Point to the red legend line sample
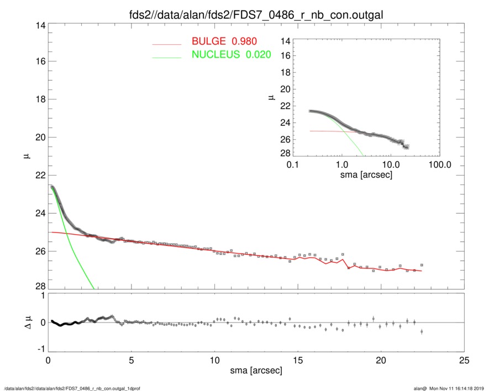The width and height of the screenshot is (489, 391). point(167,44)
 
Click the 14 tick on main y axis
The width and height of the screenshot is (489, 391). point(38,25)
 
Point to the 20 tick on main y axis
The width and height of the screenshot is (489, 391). point(38,138)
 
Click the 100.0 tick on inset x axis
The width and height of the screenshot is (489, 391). point(439,165)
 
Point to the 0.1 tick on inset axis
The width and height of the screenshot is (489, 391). point(293,165)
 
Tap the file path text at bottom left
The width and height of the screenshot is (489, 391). point(73,388)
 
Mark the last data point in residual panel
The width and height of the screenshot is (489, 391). point(422,331)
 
